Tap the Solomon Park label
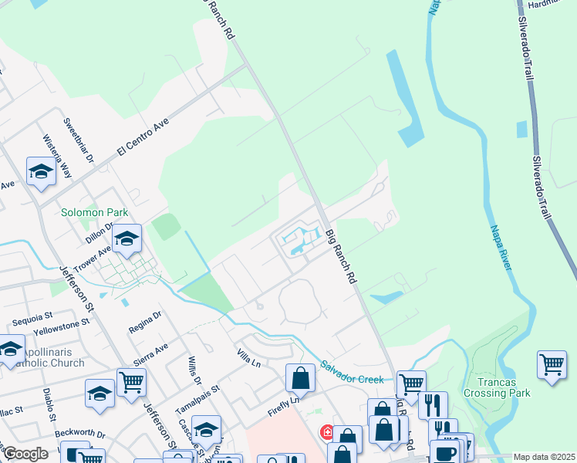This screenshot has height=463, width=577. coord(95,212)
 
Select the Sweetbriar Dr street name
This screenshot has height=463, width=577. coord(79,140)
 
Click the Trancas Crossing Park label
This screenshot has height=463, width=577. coord(497,387)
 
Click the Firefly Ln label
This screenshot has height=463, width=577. coord(284,401)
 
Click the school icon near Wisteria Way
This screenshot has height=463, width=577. coord(41,171)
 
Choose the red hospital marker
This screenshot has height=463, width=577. coord(327,432)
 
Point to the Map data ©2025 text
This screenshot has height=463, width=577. coord(543,457)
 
